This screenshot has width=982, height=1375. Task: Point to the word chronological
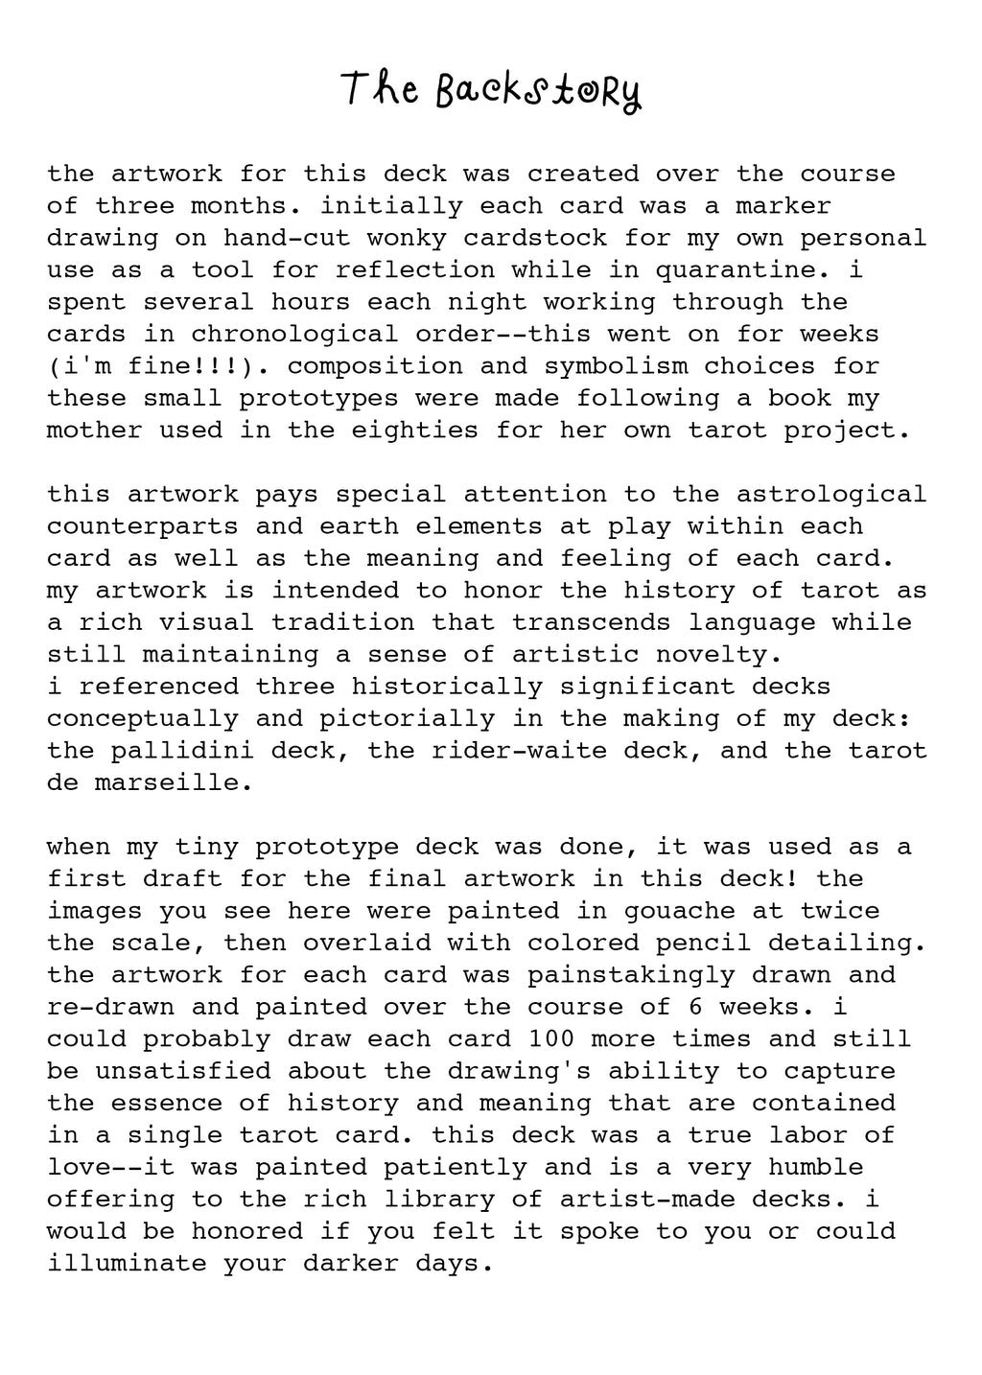click(293, 334)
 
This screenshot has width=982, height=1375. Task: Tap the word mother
click(94, 430)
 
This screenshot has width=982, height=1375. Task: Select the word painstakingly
click(631, 974)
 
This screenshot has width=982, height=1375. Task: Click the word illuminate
click(127, 1263)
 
